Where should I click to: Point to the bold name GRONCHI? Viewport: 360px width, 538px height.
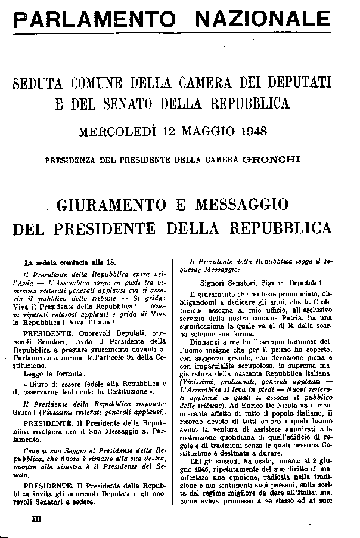tap(279, 160)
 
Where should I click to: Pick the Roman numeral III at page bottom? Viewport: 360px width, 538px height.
tap(35, 520)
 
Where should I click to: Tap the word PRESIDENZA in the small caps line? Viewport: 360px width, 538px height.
tap(70, 160)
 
